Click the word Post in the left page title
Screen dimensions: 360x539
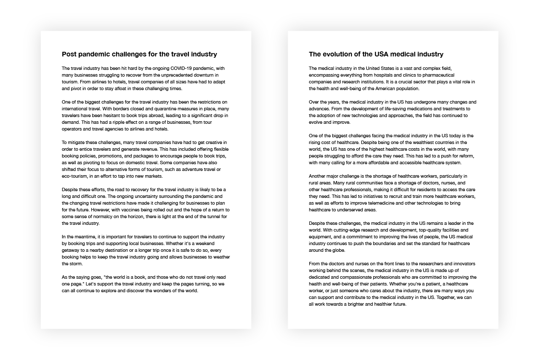(x=69, y=54)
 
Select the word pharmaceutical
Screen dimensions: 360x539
(x=458, y=75)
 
